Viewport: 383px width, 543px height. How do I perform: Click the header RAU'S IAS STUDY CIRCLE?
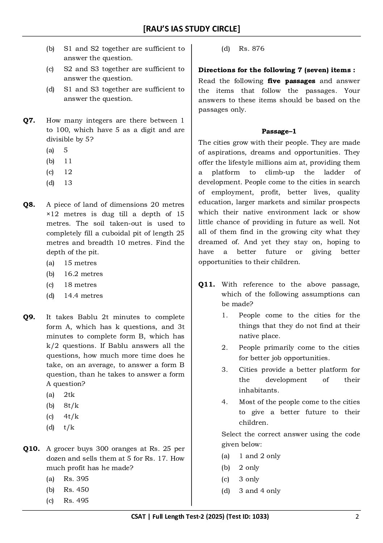[x=191, y=29]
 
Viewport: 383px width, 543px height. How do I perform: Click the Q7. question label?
[x=29, y=121]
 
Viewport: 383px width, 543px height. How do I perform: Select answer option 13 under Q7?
[x=68, y=183]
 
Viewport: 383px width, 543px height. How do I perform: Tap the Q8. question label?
[x=29, y=205]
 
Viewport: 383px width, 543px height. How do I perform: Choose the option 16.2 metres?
[x=83, y=274]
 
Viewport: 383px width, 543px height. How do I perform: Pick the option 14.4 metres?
[x=83, y=296]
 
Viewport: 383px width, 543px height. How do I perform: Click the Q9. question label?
[x=29, y=317]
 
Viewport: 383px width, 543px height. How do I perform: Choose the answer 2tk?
[x=69, y=395]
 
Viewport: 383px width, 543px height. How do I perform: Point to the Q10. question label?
[x=31, y=449]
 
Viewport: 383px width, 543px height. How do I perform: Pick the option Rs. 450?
[x=76, y=490]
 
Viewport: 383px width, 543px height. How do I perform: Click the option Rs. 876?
[x=252, y=49]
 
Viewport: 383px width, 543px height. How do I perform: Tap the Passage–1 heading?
[x=279, y=131]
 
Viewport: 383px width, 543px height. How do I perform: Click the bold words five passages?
[x=291, y=81]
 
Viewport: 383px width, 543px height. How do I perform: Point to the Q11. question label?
[x=206, y=285]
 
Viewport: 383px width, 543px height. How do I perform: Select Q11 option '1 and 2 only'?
[x=260, y=456]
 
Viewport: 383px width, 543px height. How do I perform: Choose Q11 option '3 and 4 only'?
[x=260, y=491]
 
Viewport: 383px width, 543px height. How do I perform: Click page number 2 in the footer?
[x=357, y=517]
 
